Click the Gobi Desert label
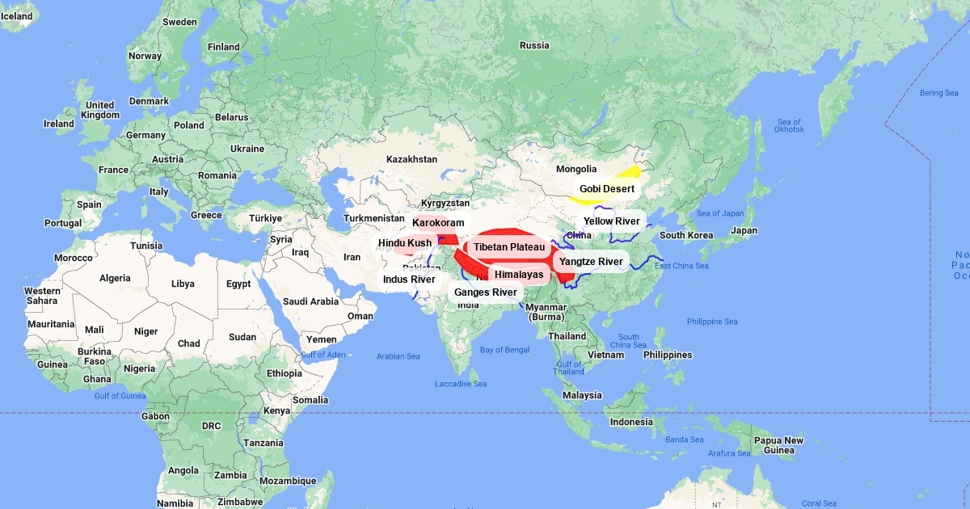[x=606, y=189]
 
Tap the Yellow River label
[x=611, y=221]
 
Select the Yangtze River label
[x=591, y=262]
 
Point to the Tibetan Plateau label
[x=509, y=247]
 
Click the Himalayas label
[x=519, y=275]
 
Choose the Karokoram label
[x=438, y=223]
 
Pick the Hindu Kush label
[x=405, y=243]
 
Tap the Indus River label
[x=409, y=280]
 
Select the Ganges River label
[x=485, y=292]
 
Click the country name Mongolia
[x=576, y=170]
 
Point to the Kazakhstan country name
[x=411, y=160]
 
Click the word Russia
[x=533, y=46]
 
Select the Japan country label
[x=744, y=230]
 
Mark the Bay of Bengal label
[x=504, y=350]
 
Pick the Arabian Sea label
[x=398, y=356]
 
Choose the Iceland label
[x=16, y=17]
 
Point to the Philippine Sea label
[x=712, y=322]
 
